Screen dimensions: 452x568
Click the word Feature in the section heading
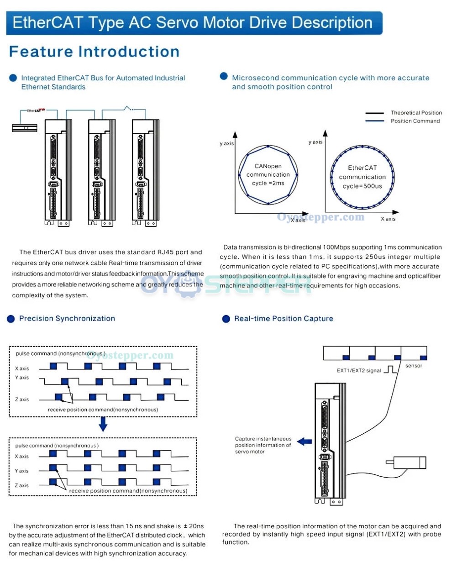click(41, 52)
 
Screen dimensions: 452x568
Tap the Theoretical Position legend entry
click(416, 113)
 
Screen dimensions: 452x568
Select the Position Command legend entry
click(415, 121)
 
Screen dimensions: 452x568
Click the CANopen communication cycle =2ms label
click(268, 174)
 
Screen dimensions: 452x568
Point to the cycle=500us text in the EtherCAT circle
click(362, 186)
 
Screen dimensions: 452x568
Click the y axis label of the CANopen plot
click(226, 143)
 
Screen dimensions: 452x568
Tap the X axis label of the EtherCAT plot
click(388, 219)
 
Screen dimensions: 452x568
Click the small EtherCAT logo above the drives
click(36, 110)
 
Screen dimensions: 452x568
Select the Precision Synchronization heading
click(67, 318)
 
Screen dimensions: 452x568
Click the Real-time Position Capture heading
click(284, 319)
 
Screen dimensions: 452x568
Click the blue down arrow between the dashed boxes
click(103, 424)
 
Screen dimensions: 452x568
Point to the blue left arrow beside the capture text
click(304, 442)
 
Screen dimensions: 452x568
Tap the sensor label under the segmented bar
click(414, 366)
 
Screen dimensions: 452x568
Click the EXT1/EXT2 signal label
click(358, 370)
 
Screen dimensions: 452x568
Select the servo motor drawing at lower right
click(406, 463)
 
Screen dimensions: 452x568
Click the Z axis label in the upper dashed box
click(22, 400)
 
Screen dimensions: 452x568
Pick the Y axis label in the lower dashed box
click(21, 471)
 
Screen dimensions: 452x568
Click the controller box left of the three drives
click(25, 128)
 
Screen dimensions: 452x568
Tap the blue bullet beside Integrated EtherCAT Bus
click(13, 78)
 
